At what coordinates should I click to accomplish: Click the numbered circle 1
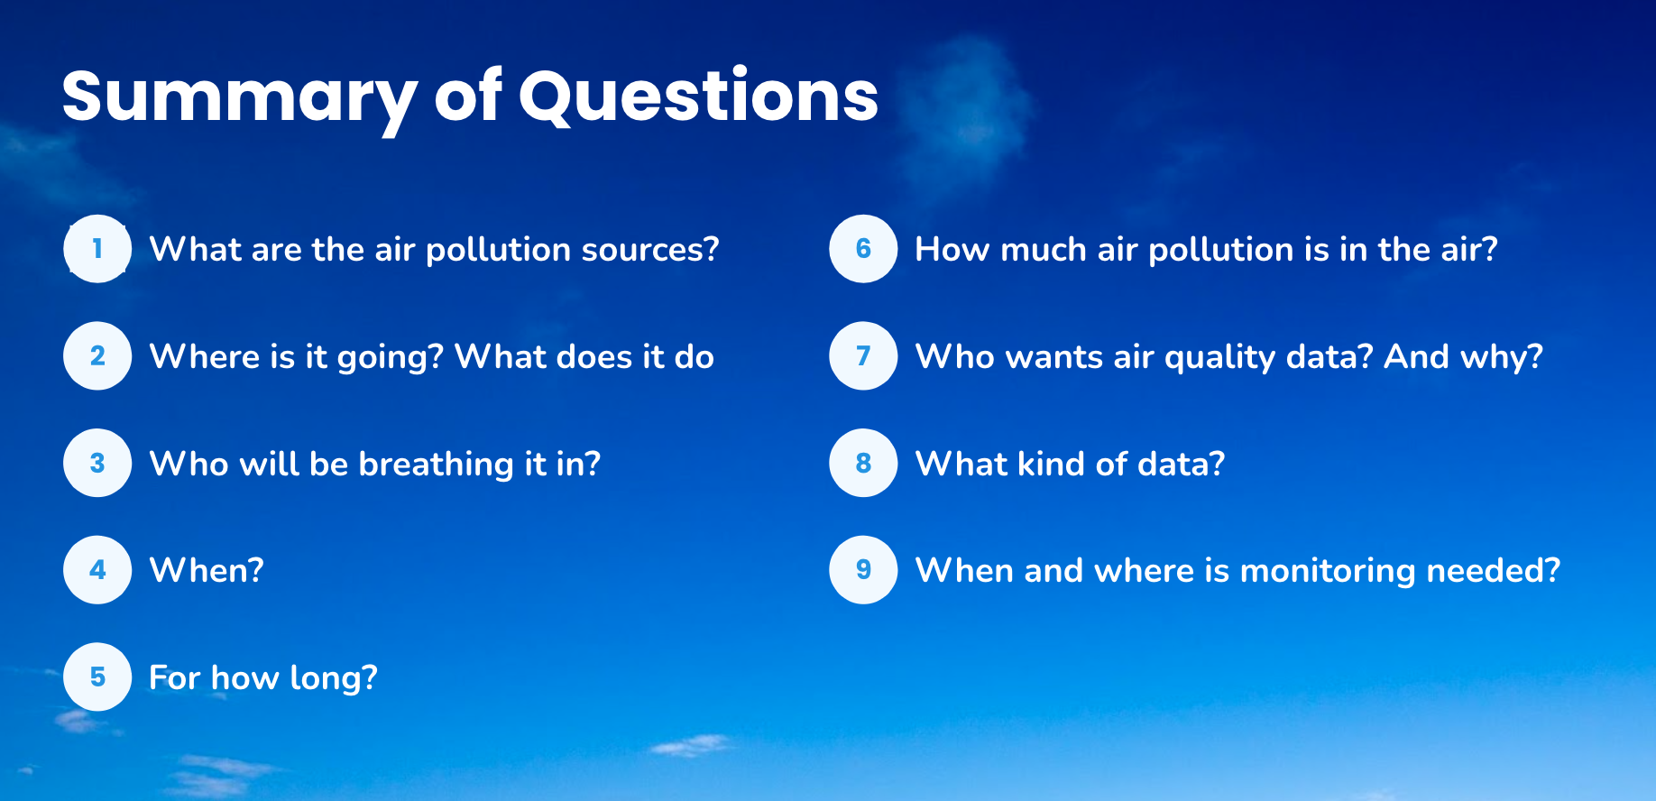97,249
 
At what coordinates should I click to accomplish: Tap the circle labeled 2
97,356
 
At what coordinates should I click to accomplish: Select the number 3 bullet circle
97,464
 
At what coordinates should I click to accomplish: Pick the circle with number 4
97,570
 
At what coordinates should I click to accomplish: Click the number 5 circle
97,677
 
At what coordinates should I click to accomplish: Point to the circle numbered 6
863,249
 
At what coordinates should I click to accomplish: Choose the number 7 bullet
863,356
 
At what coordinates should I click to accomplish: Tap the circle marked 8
863,464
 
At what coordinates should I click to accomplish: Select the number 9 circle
863,570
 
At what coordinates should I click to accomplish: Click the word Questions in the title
698,97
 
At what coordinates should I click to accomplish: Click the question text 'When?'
207,571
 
